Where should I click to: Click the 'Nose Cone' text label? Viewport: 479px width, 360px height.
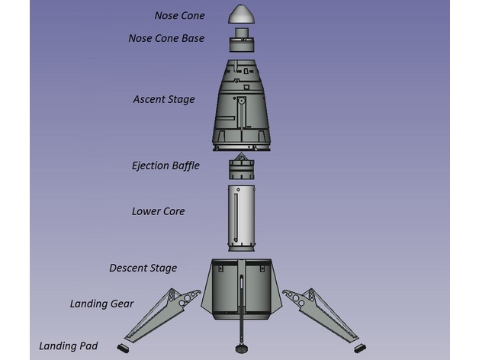pos(179,15)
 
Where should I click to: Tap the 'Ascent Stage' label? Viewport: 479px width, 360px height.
pos(163,99)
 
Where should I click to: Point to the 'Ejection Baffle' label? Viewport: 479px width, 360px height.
pos(166,165)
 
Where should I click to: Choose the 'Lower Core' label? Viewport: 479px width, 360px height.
pos(158,211)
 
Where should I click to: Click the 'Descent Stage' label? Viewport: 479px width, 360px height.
pos(143,268)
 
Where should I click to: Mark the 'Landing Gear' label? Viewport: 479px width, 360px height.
pos(101,304)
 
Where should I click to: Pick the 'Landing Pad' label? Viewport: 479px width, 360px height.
pos(68,346)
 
